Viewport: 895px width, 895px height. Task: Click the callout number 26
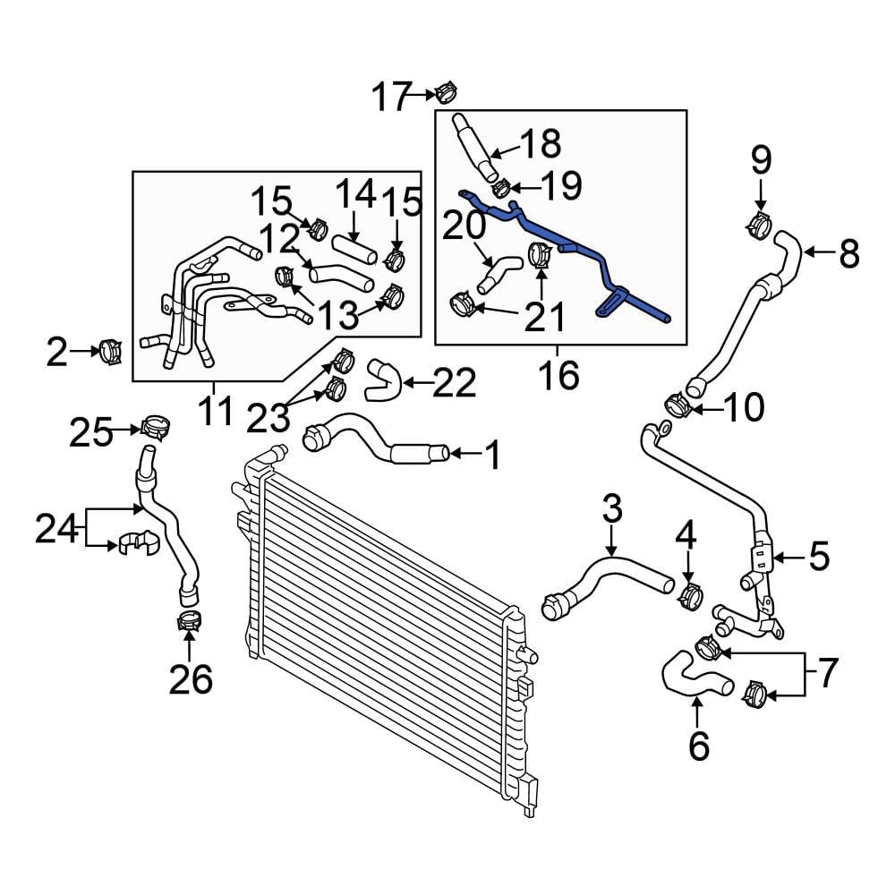[x=191, y=680]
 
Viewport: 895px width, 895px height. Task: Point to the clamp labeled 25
[x=155, y=428]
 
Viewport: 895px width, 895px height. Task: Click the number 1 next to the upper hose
[x=491, y=456]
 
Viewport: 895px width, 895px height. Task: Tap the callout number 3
[x=611, y=512]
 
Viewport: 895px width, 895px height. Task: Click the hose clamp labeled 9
[x=760, y=224]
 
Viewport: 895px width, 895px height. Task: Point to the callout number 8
[x=848, y=253]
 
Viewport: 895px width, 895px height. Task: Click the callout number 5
[x=818, y=557]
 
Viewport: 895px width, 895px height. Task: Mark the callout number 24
[x=57, y=530]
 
